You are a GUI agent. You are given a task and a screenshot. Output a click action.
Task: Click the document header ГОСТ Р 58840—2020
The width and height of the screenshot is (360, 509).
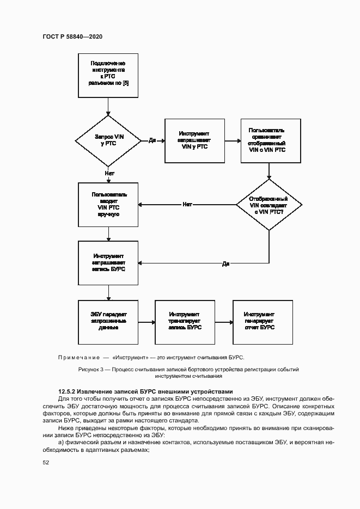pos(72,36)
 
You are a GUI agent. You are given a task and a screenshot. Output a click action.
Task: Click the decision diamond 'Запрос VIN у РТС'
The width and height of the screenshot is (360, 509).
pos(109,140)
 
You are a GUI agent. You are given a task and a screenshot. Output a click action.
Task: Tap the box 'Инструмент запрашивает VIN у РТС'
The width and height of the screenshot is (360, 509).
pos(194,140)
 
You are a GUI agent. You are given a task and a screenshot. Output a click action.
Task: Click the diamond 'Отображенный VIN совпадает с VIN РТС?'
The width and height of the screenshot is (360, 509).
pos(269,205)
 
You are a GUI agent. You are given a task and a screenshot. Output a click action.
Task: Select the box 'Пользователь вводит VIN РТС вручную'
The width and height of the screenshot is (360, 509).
pos(109,204)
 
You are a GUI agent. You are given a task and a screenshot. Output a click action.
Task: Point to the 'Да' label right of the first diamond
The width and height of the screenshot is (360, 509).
pos(152,140)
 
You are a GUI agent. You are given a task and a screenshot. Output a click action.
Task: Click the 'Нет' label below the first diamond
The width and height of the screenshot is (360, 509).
pos(109,173)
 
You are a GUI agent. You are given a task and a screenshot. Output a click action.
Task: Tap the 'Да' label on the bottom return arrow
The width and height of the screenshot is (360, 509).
pos(225,263)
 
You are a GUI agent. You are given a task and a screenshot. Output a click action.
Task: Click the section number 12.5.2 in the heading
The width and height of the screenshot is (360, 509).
pos(68,391)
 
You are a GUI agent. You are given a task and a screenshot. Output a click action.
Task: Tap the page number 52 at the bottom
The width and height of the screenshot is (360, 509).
pos(46,463)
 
